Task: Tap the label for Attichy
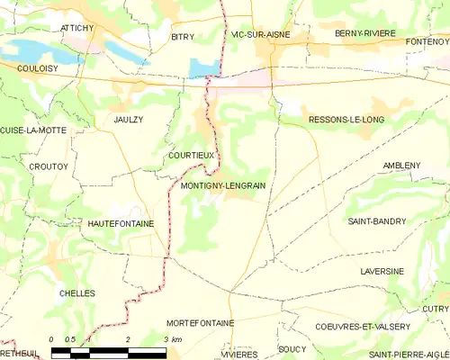(76, 28)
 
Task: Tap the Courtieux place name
(191, 155)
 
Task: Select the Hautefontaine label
(121, 222)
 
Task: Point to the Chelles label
(77, 293)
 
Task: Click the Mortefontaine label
(201, 322)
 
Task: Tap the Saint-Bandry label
(376, 220)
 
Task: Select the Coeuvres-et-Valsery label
(363, 327)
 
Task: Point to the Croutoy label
(23, 166)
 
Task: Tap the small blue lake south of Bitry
(203, 67)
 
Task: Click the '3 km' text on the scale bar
(173, 339)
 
